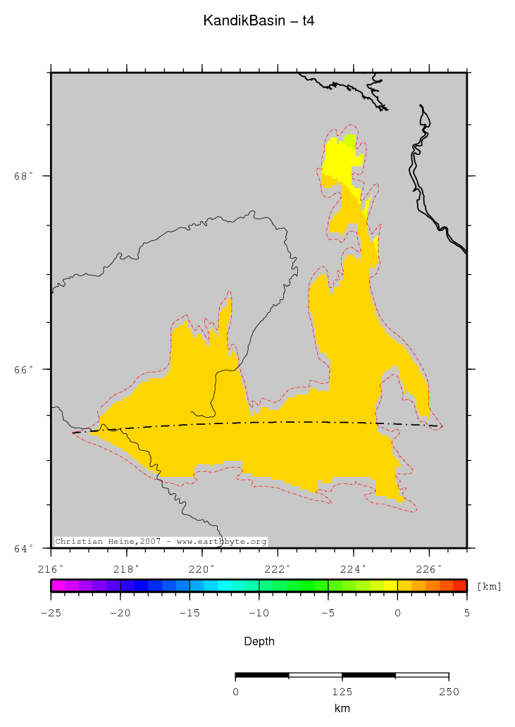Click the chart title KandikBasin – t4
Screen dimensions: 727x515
tap(258, 21)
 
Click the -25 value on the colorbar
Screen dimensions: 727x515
tap(51, 613)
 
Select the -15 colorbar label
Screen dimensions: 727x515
tap(190, 613)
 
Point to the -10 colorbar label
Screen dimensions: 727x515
tap(259, 613)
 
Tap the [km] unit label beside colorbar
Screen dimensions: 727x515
tap(489, 586)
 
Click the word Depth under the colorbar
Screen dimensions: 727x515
tap(259, 642)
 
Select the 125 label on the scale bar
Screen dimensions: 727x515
tap(342, 692)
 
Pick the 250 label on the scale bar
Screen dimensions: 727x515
tap(448, 692)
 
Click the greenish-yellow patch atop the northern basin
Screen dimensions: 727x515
tap(349, 139)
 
